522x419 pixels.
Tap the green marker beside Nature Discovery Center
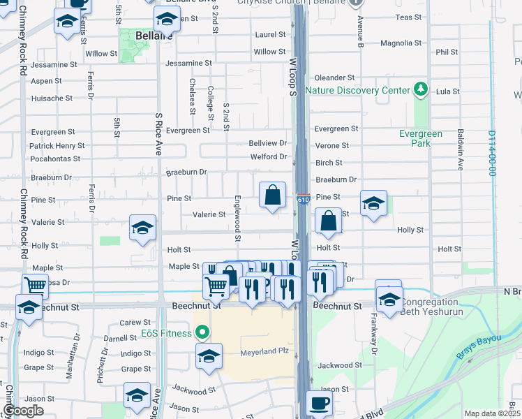click(x=420, y=89)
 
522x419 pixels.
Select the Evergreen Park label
click(x=421, y=138)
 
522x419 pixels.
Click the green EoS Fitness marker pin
click(x=202, y=332)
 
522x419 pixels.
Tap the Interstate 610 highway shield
click(x=303, y=200)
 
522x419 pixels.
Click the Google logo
click(x=24, y=411)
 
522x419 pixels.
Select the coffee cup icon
click(x=320, y=404)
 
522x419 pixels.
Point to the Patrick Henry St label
click(x=57, y=146)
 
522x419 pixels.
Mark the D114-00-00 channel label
click(x=493, y=152)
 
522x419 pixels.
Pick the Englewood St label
click(x=238, y=218)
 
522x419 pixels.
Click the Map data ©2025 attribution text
click(x=492, y=413)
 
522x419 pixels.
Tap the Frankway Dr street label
click(x=374, y=340)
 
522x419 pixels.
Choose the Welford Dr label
click(x=269, y=156)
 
